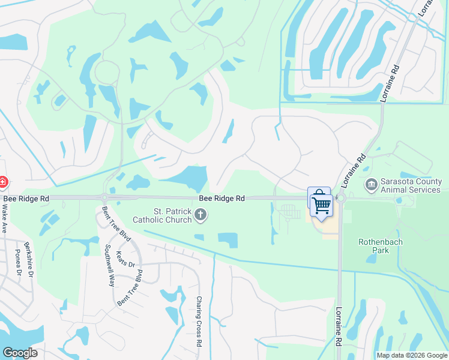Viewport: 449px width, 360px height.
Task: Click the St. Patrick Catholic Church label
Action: point(173,215)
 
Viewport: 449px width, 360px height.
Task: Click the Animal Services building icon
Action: point(371,183)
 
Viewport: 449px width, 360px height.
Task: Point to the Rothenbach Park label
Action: point(381,246)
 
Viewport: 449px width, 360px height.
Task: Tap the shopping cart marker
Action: point(322,205)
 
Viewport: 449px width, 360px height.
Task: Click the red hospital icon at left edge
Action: point(2,181)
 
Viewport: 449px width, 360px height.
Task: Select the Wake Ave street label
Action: point(4,219)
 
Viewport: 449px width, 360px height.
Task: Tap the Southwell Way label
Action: point(109,265)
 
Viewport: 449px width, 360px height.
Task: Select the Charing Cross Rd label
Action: point(199,322)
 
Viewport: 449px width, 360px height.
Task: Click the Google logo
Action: point(20,353)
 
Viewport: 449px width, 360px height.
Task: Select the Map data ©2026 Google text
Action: point(411,355)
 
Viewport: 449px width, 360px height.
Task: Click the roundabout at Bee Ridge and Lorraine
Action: point(341,198)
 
